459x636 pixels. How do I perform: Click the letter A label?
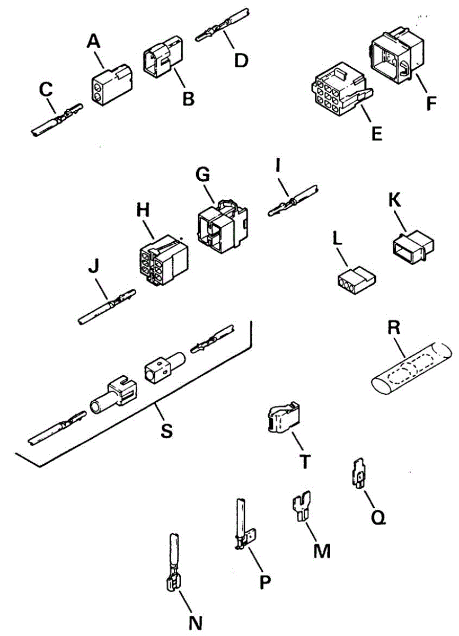[95, 41]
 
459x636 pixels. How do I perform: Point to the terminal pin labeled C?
[56, 120]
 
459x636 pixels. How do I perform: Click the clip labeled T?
[283, 419]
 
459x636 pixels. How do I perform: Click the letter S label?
[166, 430]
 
